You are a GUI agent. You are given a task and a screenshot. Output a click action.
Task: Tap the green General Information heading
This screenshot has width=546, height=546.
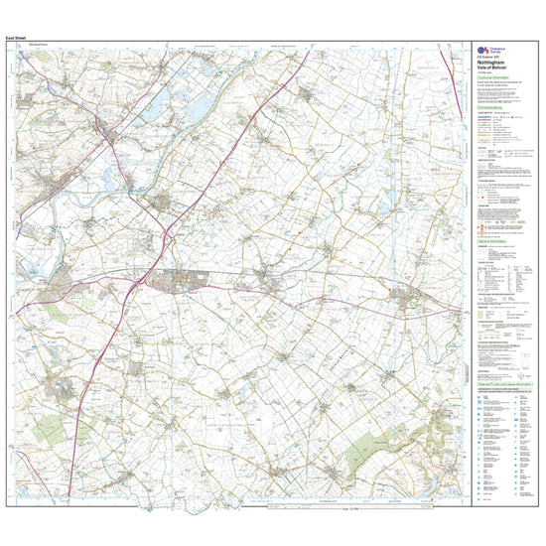pos(494,242)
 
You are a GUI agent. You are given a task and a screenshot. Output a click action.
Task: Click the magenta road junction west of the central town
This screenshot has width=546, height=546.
pos(133,288)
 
